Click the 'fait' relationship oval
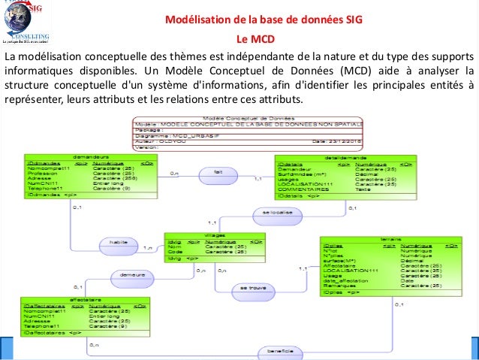coord(218,172)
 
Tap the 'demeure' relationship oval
coord(133,274)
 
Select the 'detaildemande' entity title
coord(345,157)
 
